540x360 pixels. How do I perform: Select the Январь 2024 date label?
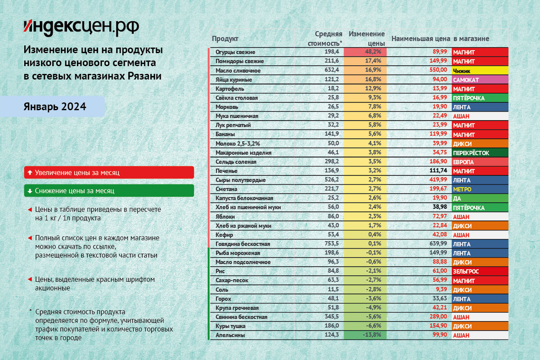click(x=55, y=107)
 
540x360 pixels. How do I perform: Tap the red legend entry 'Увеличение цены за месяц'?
click(x=109, y=172)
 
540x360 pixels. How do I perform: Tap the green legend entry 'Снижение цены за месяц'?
click(x=109, y=191)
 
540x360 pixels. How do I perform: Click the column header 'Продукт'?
click(x=225, y=39)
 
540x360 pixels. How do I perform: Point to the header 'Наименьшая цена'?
click(x=421, y=39)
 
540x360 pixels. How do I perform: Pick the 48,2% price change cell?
click(x=364, y=52)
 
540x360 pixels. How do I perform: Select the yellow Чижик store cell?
click(x=480, y=71)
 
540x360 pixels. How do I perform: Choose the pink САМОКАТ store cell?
click(x=480, y=80)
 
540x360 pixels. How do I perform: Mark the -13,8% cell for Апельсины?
click(x=364, y=335)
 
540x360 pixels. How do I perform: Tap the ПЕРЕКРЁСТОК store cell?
click(x=480, y=153)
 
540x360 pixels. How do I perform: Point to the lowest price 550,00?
click(x=438, y=71)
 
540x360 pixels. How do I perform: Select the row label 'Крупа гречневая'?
click(x=237, y=308)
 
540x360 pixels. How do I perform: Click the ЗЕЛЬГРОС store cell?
click(x=480, y=271)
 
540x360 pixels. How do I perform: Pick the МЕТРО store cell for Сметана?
click(x=480, y=189)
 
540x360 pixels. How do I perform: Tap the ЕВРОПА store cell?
click(x=480, y=162)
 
